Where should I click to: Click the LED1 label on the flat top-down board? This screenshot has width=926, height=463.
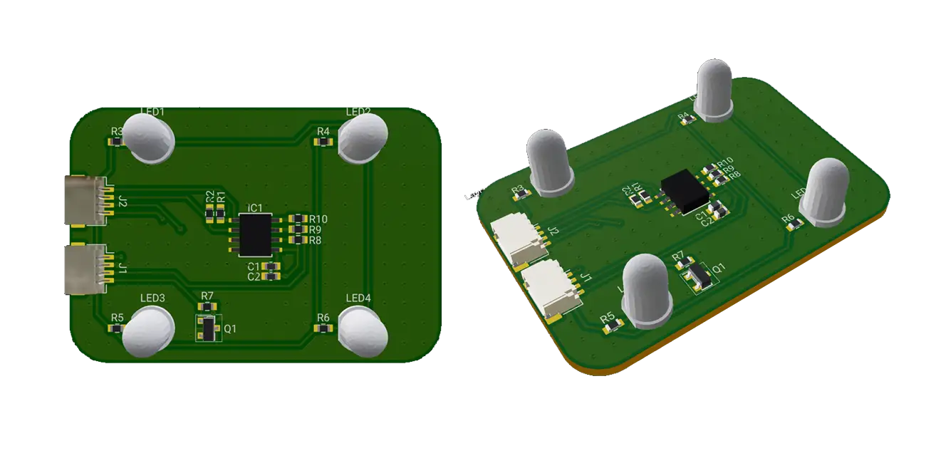pos(152,112)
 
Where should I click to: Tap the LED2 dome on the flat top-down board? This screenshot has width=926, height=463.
pos(363,137)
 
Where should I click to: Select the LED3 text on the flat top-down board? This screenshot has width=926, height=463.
pos(152,298)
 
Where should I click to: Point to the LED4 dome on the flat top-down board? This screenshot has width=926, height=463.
pos(363,331)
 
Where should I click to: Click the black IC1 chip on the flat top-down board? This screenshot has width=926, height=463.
pos(254,234)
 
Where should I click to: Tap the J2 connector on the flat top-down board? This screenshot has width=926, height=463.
pos(85,200)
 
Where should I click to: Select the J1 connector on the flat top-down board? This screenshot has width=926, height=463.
pos(85,270)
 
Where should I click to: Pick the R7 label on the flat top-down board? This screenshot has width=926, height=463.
pos(207,296)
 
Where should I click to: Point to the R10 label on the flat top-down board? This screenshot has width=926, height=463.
pos(318,219)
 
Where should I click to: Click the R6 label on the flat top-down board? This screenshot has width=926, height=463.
pos(323,317)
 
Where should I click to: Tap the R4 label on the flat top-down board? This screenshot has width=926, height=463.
pos(323,132)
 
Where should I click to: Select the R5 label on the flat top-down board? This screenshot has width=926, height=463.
pos(118,317)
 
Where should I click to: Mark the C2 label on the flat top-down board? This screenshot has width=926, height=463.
pos(254,276)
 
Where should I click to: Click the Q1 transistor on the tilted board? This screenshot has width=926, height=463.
pos(696,278)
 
